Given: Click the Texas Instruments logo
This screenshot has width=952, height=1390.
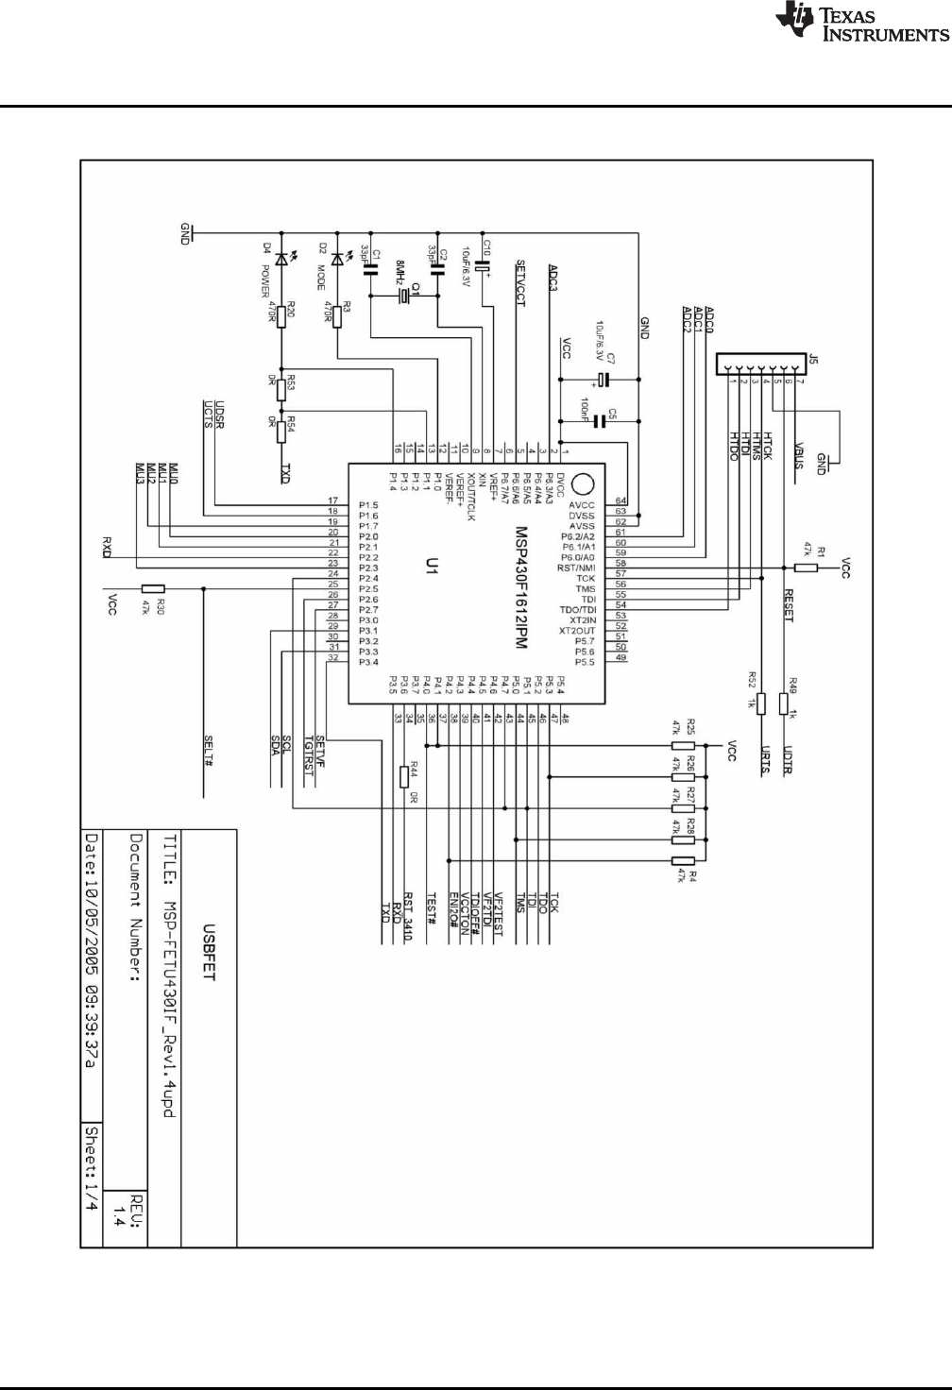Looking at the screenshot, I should pos(860,24).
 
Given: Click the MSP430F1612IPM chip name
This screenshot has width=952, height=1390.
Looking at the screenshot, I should pos(520,586).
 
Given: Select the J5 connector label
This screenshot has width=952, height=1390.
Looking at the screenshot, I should pos(813,359).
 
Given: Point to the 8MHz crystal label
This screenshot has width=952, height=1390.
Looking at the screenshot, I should pos(400,274).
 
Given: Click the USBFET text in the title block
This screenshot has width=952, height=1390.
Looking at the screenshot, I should pos(207,960).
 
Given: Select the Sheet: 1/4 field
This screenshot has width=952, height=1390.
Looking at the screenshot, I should pos(92,1172).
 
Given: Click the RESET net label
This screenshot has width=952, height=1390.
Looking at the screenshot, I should pos(789,605).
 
